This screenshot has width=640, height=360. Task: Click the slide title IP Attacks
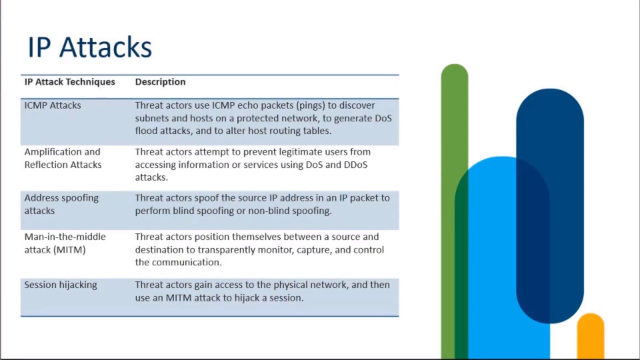tap(89, 47)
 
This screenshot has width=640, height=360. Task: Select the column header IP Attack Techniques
tap(69, 81)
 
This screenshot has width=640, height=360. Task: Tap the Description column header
tap(160, 81)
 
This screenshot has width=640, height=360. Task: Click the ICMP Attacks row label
tap(52, 105)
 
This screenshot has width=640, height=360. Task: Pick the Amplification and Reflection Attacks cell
tap(62, 158)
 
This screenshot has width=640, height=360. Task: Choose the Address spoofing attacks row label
tap(61, 204)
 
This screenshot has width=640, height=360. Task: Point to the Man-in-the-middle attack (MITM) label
tap(64, 243)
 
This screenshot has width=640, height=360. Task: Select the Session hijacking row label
tap(60, 284)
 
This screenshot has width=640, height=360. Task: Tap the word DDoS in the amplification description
tap(355, 164)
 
